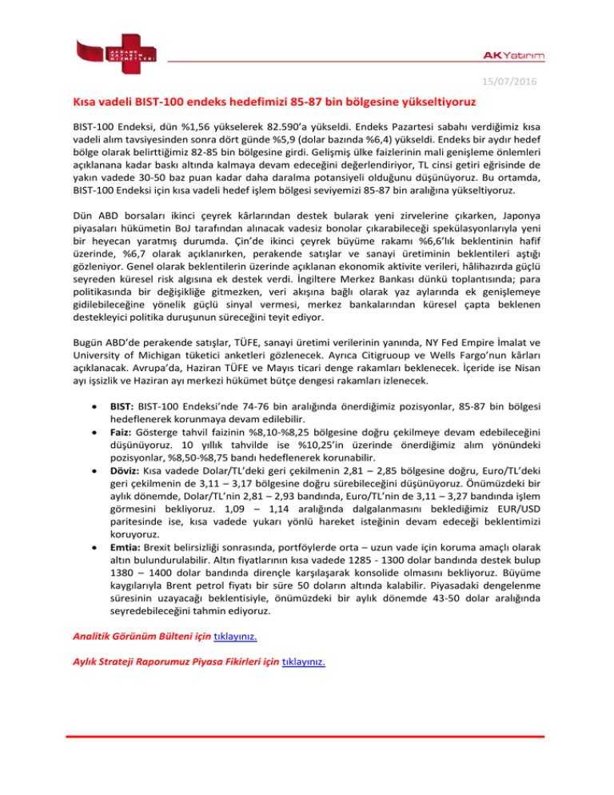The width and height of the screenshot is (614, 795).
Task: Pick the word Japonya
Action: tap(515, 216)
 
